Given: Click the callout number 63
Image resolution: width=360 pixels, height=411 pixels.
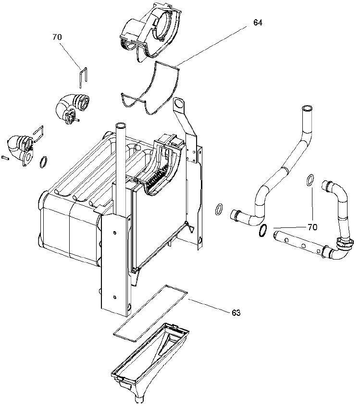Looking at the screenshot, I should (x=236, y=313).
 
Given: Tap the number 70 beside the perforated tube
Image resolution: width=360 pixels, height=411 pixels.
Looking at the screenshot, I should (x=312, y=227).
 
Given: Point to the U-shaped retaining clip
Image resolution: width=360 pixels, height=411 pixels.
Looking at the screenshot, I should (x=83, y=76).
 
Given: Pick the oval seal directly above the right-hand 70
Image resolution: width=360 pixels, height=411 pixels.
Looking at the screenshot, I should (x=310, y=180).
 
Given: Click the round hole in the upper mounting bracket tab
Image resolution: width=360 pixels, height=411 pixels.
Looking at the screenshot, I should (x=179, y=103).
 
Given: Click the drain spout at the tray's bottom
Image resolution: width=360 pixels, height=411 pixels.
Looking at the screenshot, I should (x=139, y=399).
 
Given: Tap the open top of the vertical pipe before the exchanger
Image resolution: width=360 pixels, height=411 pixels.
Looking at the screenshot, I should (x=120, y=125).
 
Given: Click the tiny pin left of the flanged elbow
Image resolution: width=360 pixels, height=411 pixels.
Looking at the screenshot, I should (x=5, y=156).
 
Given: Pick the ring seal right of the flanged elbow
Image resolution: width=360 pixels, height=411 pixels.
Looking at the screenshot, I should (x=43, y=161).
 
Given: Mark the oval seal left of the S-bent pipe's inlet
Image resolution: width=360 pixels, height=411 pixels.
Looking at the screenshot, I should (x=219, y=209).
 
